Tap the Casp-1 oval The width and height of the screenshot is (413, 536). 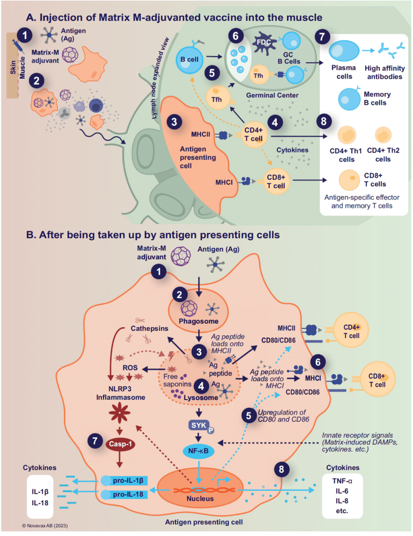pos(120,444)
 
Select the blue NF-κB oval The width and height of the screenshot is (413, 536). pos(198,451)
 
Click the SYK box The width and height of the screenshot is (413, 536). pos(199,425)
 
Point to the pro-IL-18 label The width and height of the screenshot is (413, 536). pos(128,494)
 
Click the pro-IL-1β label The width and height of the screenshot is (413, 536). pos(128,481)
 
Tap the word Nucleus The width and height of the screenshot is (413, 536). pos(200,499)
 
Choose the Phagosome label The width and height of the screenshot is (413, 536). pos(198,321)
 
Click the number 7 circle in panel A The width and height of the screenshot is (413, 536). pos(322,37)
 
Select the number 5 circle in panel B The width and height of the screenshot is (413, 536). pos(249,415)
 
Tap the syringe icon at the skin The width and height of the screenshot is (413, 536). pos(17,46)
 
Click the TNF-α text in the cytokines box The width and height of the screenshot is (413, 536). pos(342,481)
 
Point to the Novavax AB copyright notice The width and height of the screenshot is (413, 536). pos(45,526)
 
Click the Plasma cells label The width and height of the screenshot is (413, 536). pos(344,72)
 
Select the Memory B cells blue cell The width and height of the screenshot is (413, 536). pos(349,99)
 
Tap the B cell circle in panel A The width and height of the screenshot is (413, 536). pos(189,59)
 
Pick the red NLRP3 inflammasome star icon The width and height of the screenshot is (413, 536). pos(120,413)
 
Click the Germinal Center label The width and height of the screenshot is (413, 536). pos(272,95)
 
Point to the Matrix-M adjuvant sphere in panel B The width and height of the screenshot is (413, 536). pos(180,256)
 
